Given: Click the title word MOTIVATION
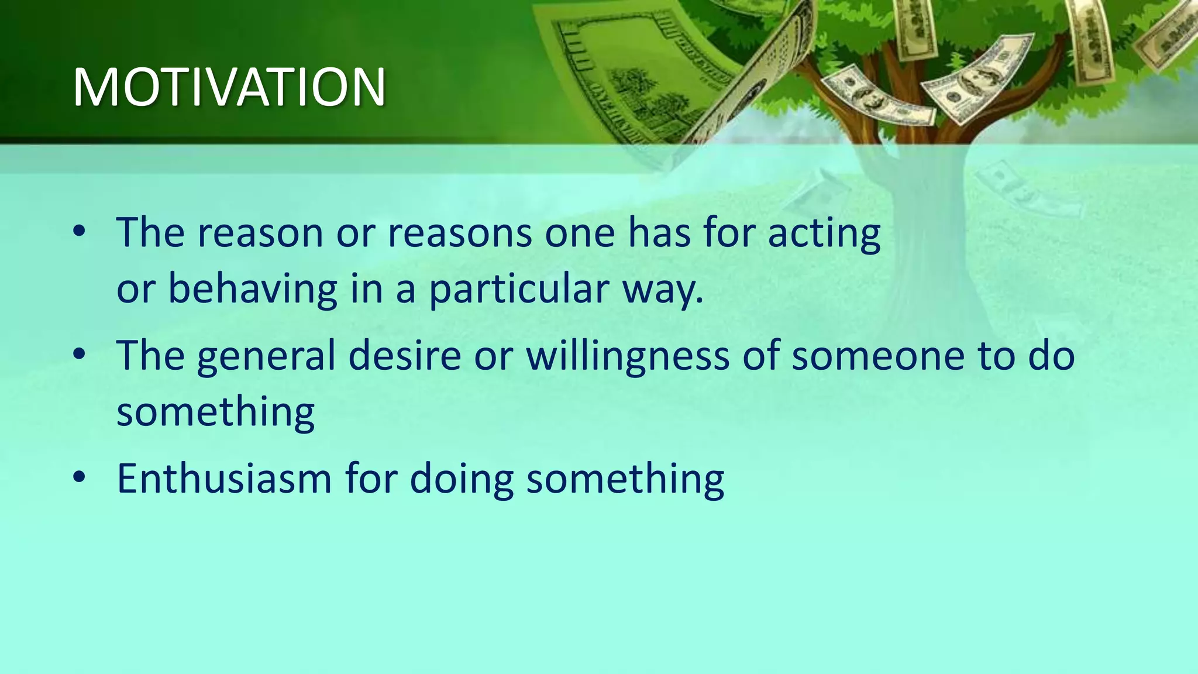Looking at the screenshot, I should click(229, 88).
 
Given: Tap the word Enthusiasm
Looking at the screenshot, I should click(224, 479).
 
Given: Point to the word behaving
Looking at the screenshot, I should click(253, 290).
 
